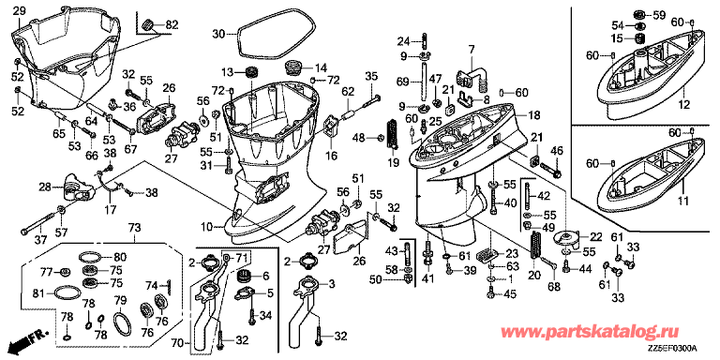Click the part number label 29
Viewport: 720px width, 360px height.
point(19,11)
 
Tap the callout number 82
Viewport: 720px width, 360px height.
point(171,23)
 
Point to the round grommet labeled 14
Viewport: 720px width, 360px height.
point(292,67)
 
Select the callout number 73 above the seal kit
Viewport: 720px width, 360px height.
point(134,228)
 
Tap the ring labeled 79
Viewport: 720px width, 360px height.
point(115,323)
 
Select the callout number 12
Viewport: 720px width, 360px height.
point(684,105)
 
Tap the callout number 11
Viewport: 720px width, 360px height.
point(683,200)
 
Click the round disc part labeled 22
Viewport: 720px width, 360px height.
point(568,239)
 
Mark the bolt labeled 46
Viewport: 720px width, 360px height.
point(550,170)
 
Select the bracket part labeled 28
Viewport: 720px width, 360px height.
point(76,188)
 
